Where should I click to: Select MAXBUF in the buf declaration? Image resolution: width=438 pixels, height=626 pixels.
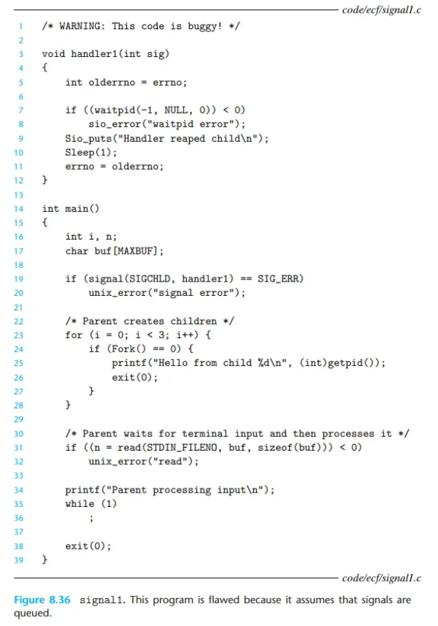coord(139,250)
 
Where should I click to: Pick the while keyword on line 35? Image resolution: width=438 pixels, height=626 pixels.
coord(80,503)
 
